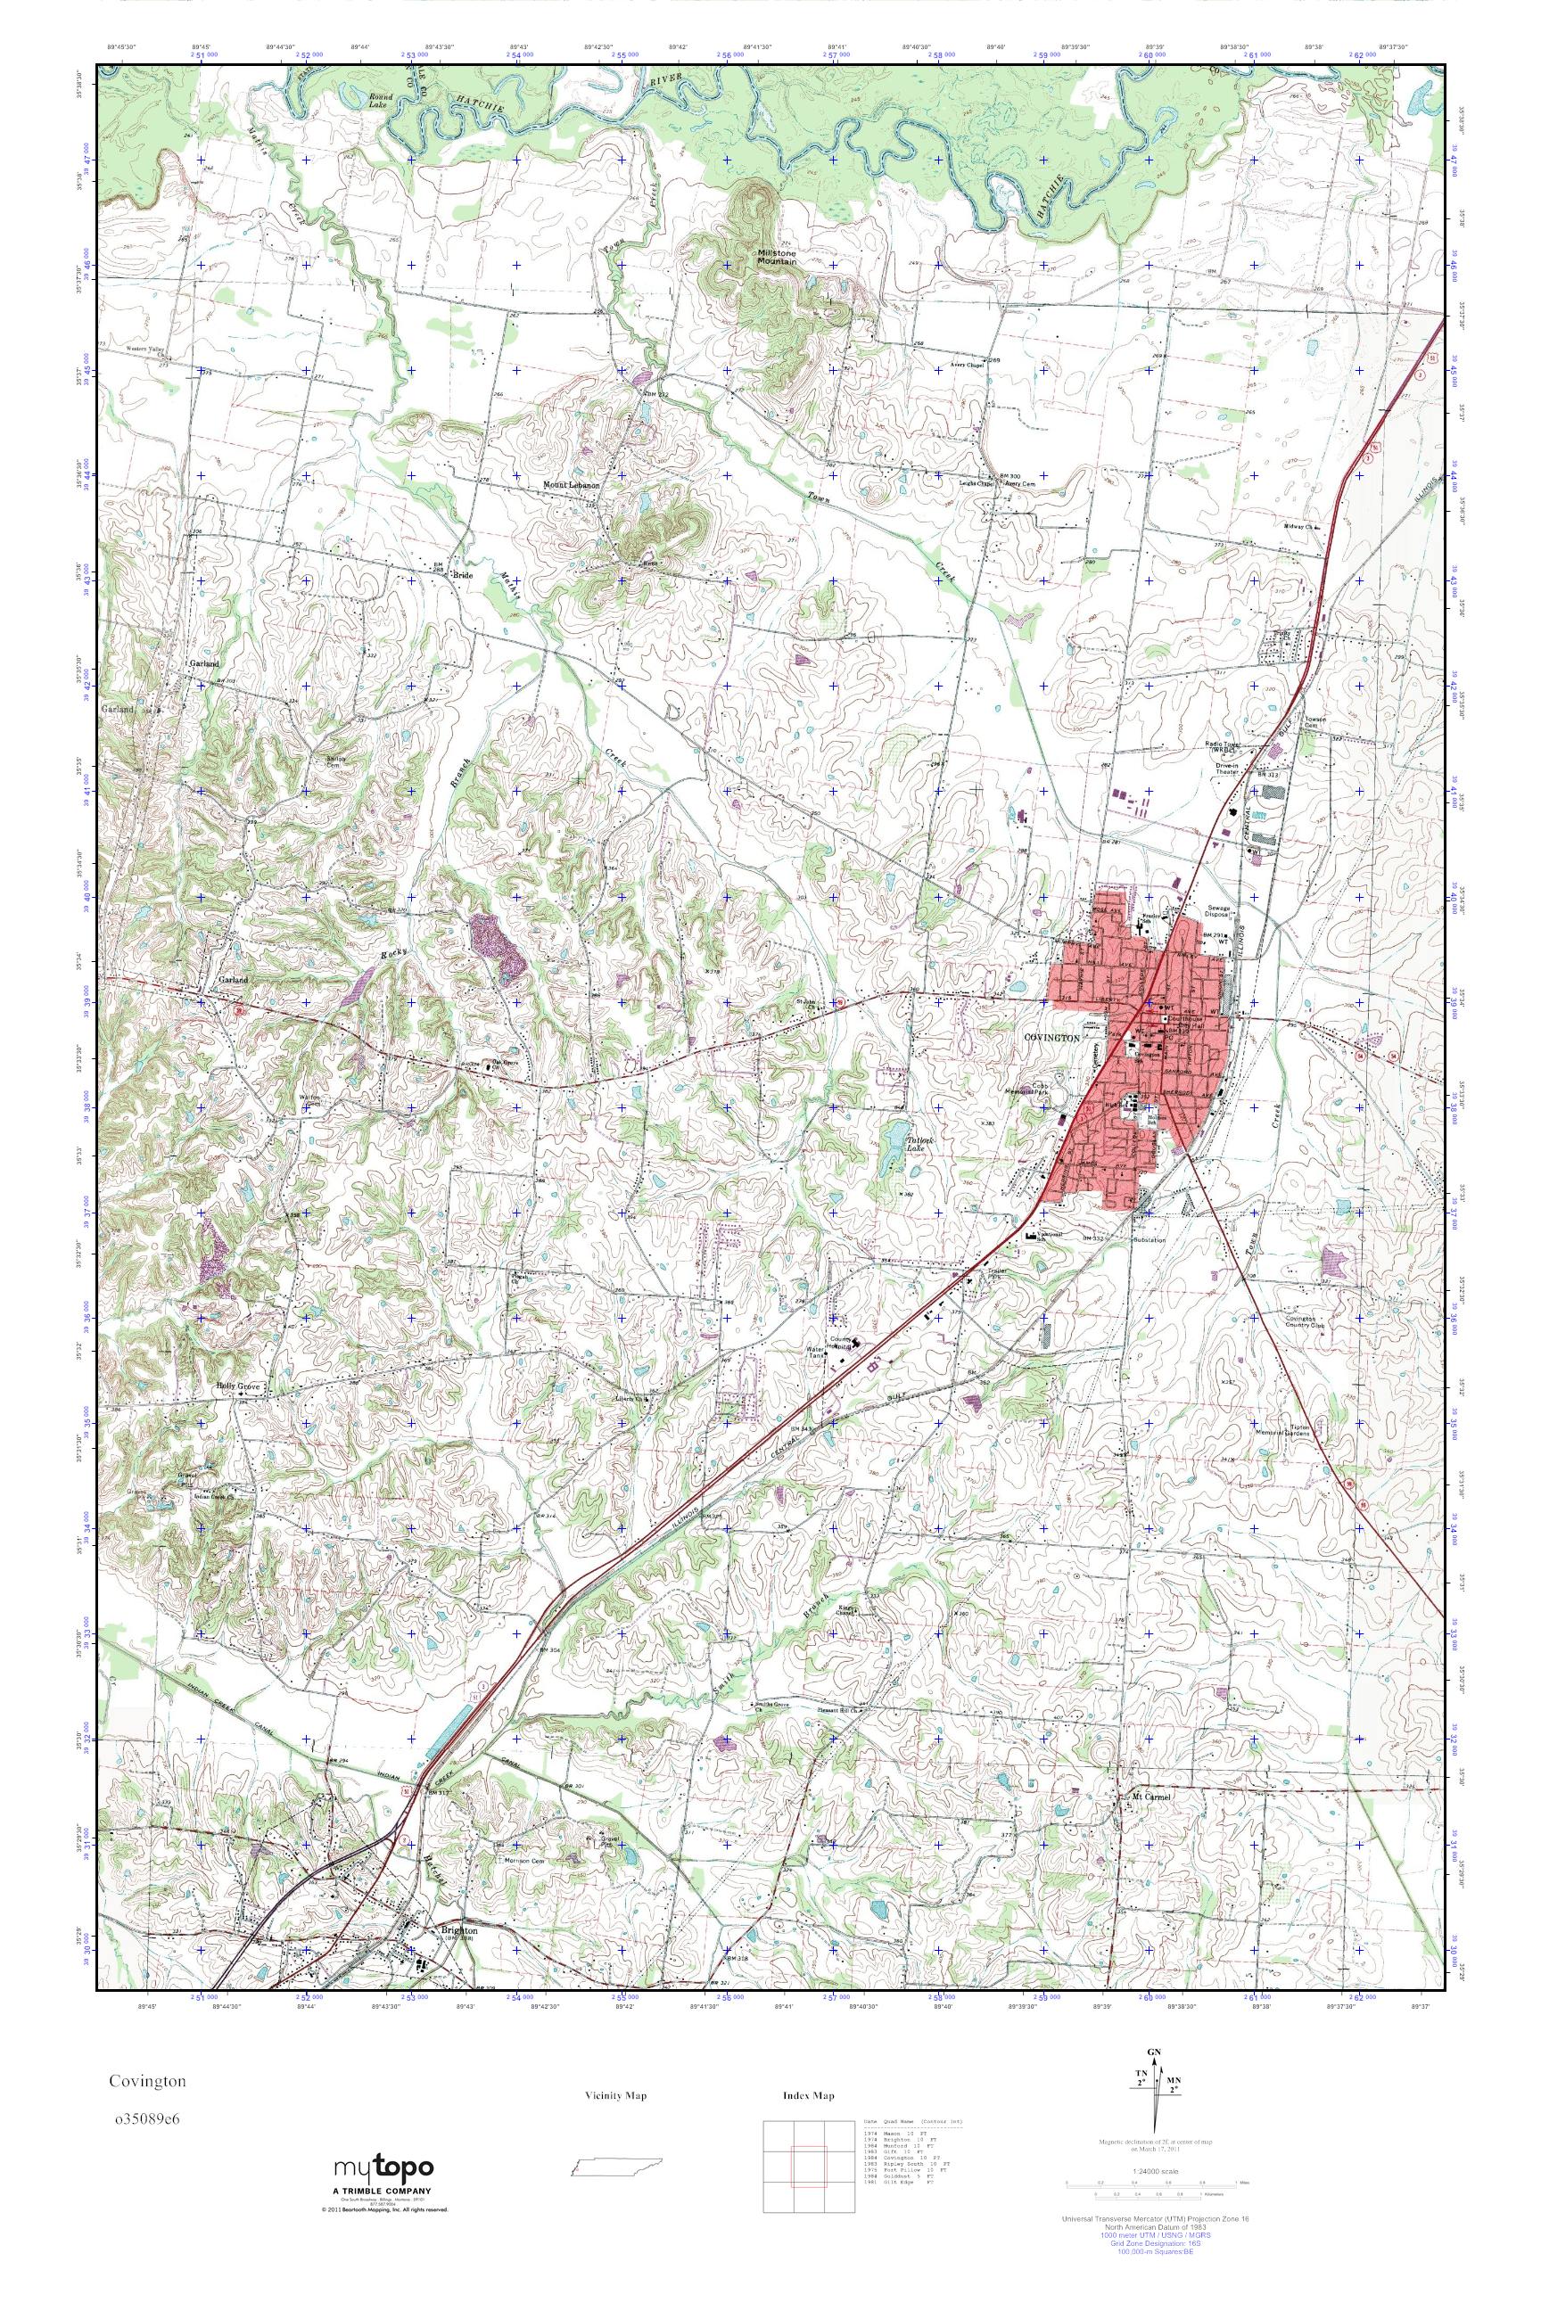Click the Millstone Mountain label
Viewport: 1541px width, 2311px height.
click(776, 258)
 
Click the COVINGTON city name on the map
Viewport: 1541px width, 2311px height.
click(1051, 1038)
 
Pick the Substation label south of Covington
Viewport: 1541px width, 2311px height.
click(1150, 1240)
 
